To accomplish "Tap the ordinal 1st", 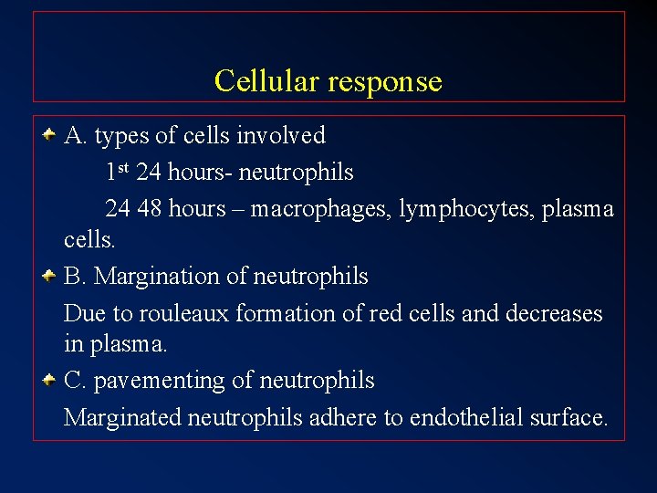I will (117, 171).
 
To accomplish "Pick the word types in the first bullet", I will (122, 136).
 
